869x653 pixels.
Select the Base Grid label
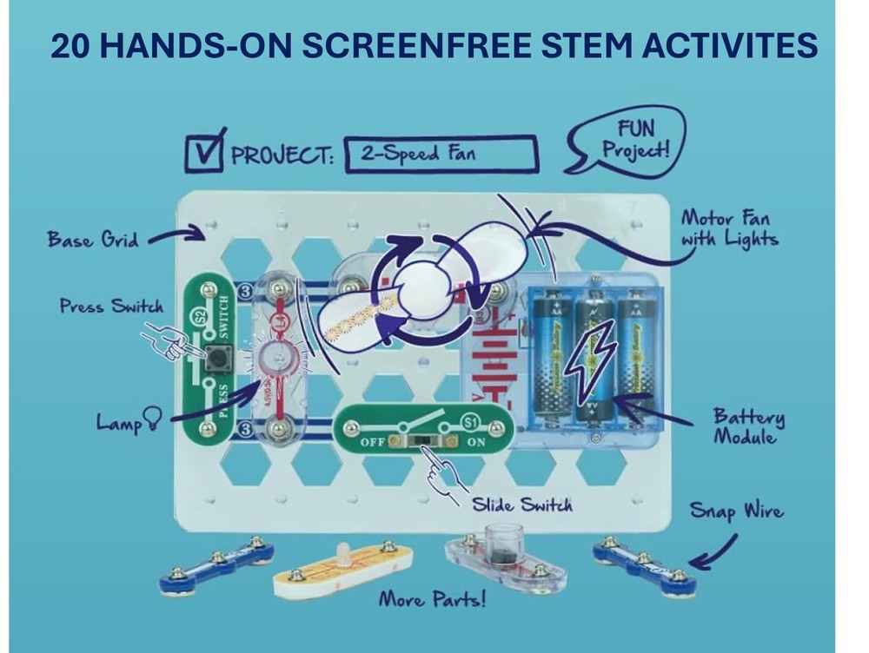pos(93,237)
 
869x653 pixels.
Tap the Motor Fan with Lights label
pos(728,228)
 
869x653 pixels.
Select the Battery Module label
pos(748,425)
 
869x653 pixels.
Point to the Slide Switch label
pos(521,505)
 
